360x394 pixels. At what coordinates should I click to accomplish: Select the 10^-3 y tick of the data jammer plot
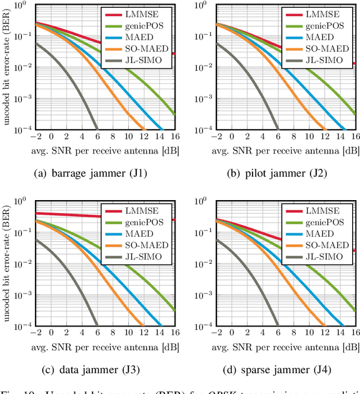pos(21,295)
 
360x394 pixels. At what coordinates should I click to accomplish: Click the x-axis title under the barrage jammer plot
pos(105,150)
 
